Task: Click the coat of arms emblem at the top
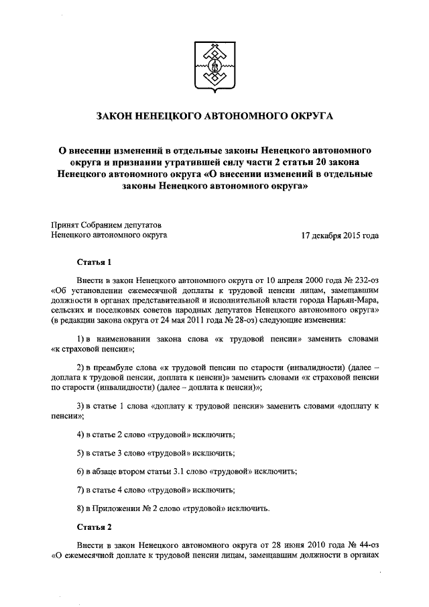214,68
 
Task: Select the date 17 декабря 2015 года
341,235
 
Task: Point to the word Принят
64,224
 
